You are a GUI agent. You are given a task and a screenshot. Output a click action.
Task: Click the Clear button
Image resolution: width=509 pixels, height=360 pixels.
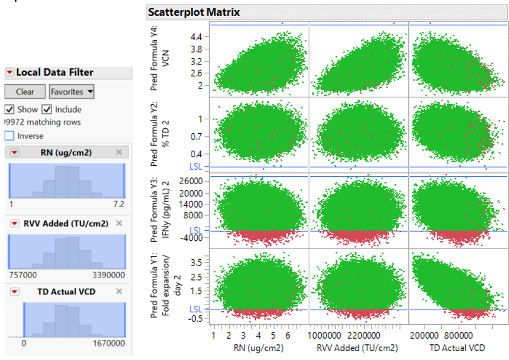(25, 92)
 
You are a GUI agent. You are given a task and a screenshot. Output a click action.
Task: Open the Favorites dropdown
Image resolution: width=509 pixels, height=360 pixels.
(72, 92)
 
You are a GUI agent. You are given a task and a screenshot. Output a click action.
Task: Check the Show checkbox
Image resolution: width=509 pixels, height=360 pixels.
(9, 109)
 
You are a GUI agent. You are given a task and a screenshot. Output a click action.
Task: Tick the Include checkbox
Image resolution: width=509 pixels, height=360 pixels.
(47, 109)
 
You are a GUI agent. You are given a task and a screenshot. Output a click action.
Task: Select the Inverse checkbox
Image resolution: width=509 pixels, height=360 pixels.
(9, 136)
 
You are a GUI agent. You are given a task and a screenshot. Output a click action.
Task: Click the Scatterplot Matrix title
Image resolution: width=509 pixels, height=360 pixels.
(194, 12)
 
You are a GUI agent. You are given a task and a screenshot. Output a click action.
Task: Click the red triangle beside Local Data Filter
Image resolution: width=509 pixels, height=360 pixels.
(10, 72)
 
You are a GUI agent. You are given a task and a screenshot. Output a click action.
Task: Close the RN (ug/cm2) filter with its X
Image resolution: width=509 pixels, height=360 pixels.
(119, 152)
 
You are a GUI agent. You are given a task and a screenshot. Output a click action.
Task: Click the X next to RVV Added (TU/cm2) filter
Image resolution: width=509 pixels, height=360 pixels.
(119, 223)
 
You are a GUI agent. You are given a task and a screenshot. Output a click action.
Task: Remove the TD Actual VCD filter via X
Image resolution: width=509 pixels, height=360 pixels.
(119, 291)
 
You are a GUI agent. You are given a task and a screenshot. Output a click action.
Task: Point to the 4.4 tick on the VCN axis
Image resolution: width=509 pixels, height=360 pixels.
(197, 36)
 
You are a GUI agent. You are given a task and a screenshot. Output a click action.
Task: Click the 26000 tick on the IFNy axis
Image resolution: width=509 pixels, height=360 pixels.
(191, 181)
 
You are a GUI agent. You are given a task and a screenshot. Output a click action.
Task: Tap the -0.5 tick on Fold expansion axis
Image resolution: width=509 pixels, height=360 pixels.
(195, 319)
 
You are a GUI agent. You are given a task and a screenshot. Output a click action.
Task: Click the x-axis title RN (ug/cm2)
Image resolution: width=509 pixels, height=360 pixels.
(257, 348)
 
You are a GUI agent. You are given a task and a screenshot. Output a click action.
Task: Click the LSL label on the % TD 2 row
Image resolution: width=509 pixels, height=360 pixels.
(196, 166)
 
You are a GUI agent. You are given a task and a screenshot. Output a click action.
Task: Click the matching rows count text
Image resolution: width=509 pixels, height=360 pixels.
(44, 122)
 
